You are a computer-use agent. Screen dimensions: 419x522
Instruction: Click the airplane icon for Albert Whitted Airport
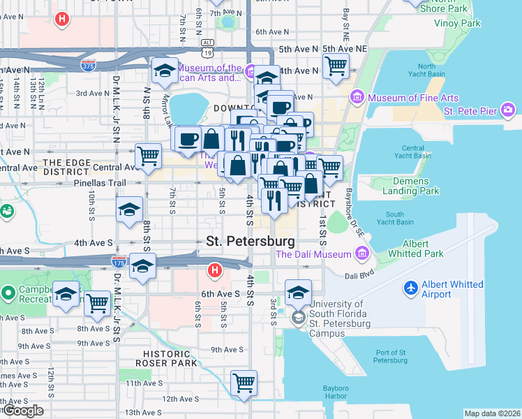click(x=412, y=288)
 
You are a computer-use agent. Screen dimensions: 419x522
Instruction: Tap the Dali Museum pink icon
click(x=361, y=255)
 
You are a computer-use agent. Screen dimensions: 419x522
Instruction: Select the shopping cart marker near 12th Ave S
click(x=244, y=382)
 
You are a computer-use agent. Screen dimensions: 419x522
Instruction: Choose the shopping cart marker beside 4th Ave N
click(x=336, y=66)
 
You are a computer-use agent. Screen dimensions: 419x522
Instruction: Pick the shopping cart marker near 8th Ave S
click(x=97, y=303)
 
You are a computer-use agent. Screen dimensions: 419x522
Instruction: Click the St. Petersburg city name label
click(x=251, y=241)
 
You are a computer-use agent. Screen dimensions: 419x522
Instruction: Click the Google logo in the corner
click(x=23, y=411)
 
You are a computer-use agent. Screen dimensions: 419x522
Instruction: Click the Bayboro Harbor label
click(x=341, y=392)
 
